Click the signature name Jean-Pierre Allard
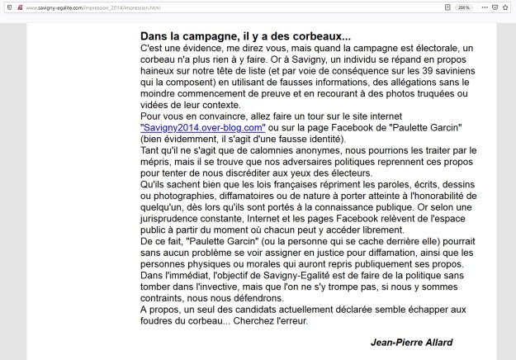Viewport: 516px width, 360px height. coord(412,341)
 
